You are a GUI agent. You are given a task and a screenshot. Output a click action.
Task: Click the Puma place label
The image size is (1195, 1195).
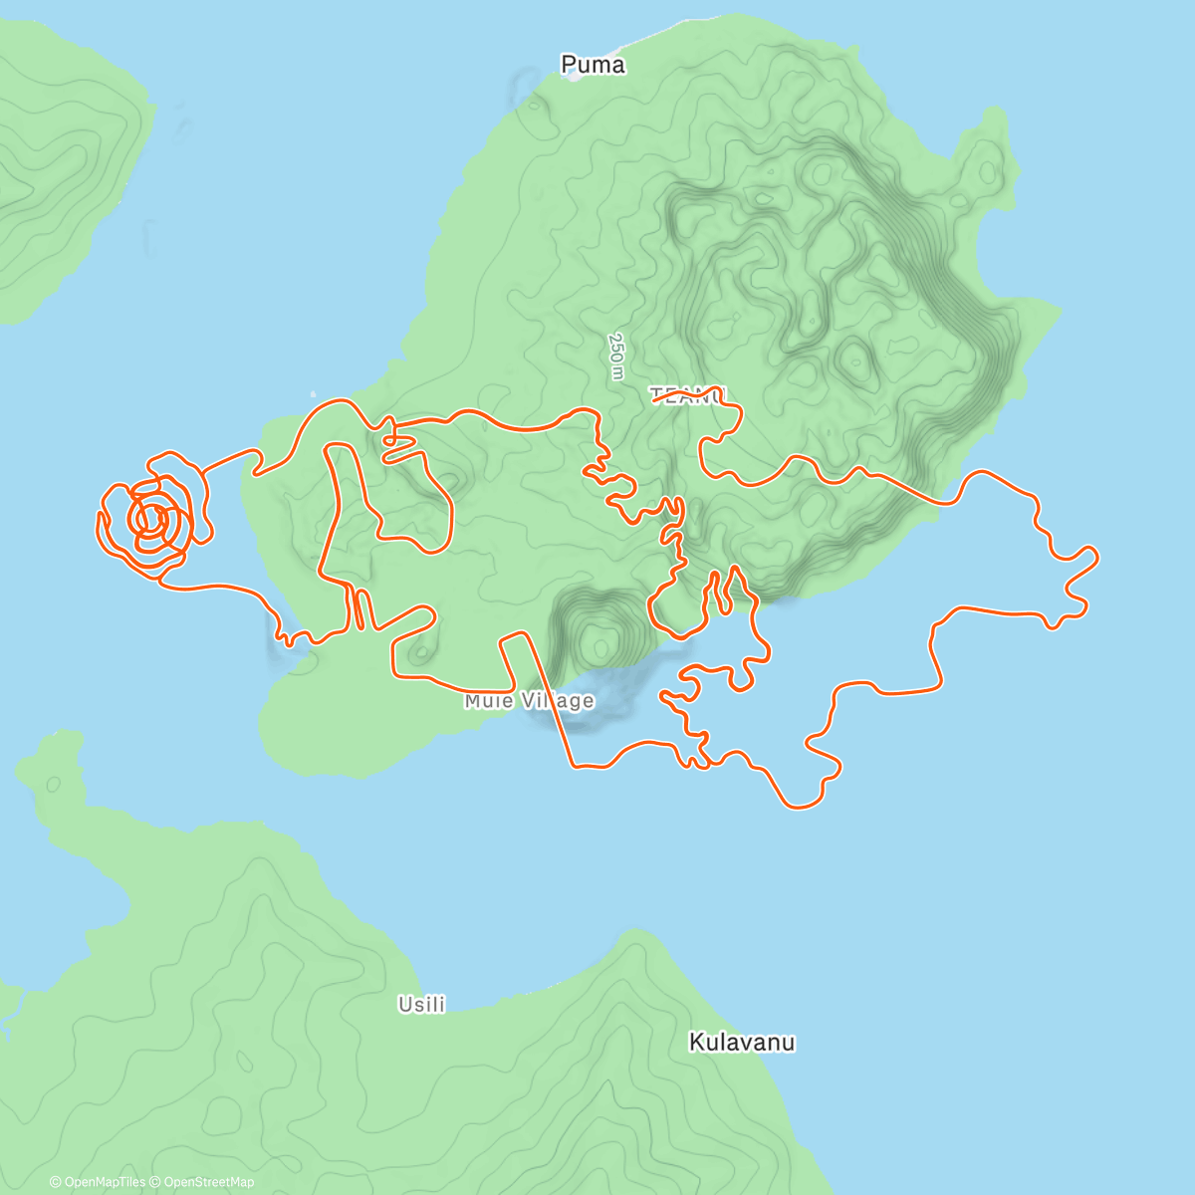[x=593, y=65]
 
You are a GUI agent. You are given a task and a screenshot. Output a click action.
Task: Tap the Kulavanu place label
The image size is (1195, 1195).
[x=742, y=1043]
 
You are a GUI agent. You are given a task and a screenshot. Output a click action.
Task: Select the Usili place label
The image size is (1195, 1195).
[x=421, y=1004]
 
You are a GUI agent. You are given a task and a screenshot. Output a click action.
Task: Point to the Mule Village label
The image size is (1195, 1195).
[x=529, y=701]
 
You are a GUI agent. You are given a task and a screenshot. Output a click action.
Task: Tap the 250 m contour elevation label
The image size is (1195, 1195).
[x=616, y=356]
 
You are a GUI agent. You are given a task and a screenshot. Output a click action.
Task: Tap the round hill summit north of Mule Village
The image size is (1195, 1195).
[x=600, y=638]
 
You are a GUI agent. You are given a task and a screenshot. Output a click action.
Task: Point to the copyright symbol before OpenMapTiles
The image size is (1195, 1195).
[x=55, y=1182]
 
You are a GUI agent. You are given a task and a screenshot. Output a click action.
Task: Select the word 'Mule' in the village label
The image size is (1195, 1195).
[x=488, y=701]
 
